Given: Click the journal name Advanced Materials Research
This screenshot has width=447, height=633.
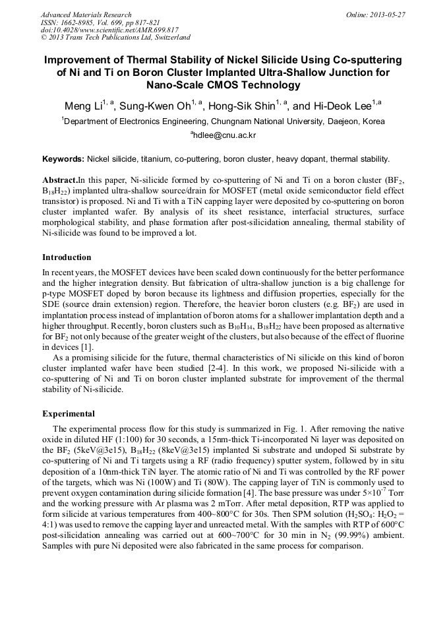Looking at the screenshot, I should click(86, 15).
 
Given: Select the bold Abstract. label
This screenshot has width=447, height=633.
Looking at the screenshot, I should click(60, 180).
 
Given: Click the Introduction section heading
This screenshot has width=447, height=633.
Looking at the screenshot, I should click(67, 257).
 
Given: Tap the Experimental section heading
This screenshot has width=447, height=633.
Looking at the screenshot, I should click(69, 414).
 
